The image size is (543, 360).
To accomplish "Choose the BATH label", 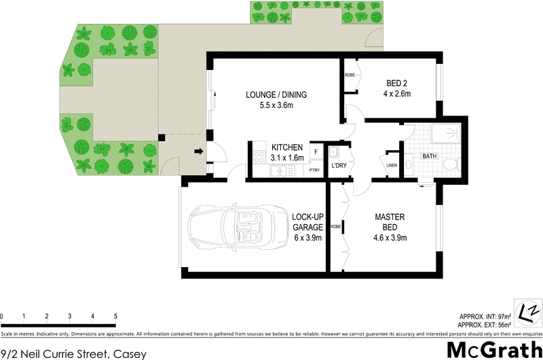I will pyautogui.click(x=430, y=156).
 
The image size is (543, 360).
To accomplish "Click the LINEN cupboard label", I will pyautogui.click(x=392, y=164).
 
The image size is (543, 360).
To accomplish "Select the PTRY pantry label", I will pyautogui.click(x=314, y=170).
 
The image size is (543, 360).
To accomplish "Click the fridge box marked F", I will pyautogui.click(x=316, y=152).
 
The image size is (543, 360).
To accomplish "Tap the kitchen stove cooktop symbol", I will pyautogui.click(x=259, y=156).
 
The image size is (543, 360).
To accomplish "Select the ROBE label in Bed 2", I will pyautogui.click(x=350, y=75).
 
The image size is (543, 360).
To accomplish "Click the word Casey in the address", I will pyautogui.click(x=130, y=353).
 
